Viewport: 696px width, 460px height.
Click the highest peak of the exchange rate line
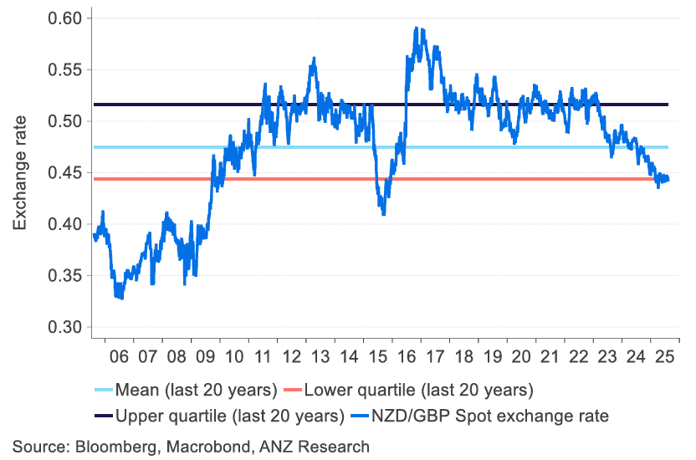tap(416, 28)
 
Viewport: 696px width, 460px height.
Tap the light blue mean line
tap(502, 147)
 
